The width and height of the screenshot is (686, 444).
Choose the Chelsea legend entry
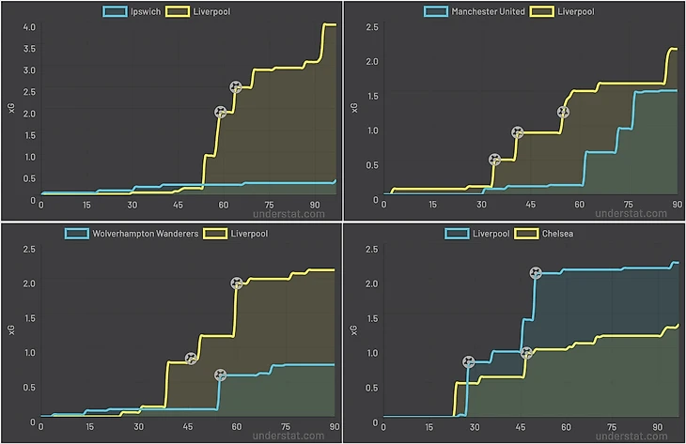tap(556, 233)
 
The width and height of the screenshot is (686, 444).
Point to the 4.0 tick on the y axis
tap(28, 25)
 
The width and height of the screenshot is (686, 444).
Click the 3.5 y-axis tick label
tap(28, 48)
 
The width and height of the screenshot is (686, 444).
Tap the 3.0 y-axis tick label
tap(28, 69)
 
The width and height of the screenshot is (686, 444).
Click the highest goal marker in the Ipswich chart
tap(235, 87)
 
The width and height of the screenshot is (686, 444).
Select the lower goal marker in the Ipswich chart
tap(220, 112)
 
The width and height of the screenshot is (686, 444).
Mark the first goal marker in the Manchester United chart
tap(495, 160)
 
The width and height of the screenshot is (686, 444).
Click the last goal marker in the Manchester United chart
tap(563, 112)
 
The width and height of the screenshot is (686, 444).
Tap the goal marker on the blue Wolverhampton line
tap(220, 375)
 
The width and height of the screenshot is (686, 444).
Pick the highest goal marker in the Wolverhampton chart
tap(237, 283)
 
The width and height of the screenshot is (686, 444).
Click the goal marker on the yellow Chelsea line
tap(526, 353)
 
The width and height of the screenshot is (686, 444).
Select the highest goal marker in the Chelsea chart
tap(535, 273)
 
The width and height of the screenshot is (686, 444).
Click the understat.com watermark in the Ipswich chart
tap(292, 213)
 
